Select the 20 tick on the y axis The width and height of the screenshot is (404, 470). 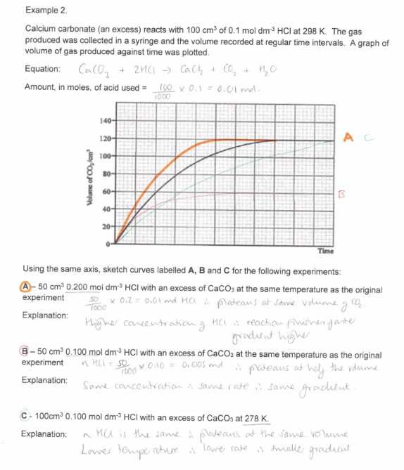click(x=106, y=226)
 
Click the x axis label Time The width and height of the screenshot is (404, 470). click(x=325, y=250)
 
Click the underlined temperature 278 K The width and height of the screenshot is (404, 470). click(x=253, y=420)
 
